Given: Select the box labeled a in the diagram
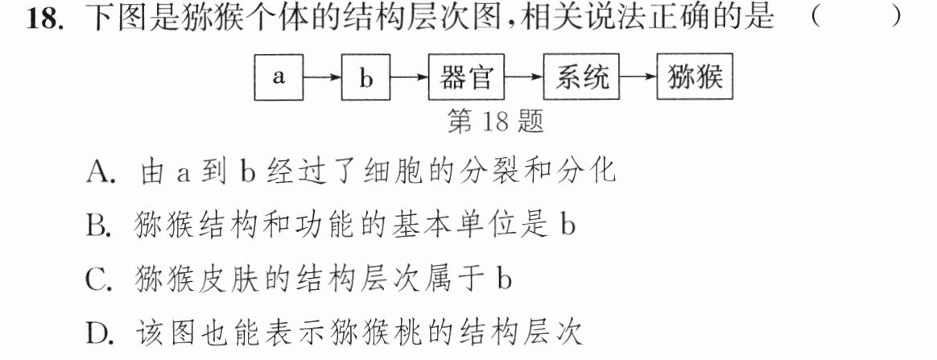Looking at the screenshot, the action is tap(279, 77).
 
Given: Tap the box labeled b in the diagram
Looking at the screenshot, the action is tap(365, 77).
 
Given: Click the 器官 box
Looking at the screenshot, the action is tap(466, 77).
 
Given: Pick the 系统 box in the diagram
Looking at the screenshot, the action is tap(581, 77).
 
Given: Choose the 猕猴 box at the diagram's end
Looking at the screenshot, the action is tap(695, 77).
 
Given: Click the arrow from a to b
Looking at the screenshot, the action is tap(322, 78).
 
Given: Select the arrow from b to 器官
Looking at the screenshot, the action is tap(410, 78).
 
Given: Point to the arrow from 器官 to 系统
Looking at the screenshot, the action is tap(524, 78).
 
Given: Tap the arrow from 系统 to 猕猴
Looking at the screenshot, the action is tap(638, 78).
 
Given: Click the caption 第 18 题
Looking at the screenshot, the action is tap(495, 122).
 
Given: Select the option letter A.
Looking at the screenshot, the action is tap(98, 172).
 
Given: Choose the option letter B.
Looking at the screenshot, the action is tap(97, 226).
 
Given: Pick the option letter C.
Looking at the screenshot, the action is tap(97, 279).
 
